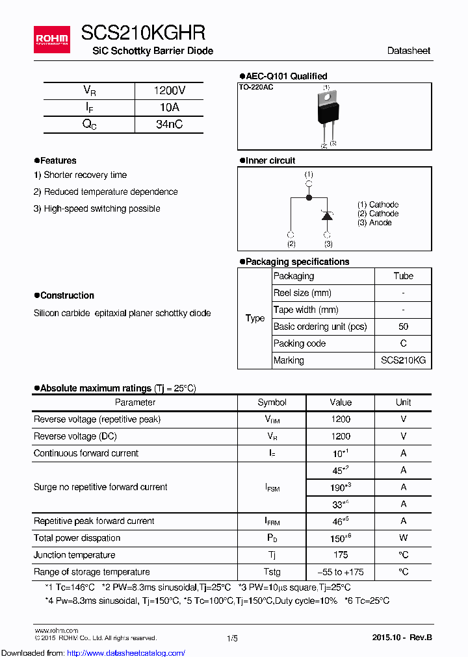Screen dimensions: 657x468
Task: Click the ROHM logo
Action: point(52,39)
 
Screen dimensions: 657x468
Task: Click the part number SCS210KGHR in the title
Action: point(143,33)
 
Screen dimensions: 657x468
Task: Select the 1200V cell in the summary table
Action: point(169,91)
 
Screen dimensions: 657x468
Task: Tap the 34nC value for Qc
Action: point(169,125)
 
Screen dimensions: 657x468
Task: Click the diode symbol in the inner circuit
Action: point(328,216)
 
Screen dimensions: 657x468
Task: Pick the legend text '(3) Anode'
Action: point(374,223)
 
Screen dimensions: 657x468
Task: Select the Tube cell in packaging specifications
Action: point(403,276)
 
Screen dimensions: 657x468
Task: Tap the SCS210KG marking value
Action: point(403,360)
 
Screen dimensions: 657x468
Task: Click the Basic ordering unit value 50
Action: point(403,327)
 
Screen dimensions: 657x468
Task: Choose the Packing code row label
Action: point(300,343)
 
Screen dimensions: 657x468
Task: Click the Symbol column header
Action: point(272,403)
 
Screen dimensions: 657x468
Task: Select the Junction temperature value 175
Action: point(340,555)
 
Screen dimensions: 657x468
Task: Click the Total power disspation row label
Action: point(77,538)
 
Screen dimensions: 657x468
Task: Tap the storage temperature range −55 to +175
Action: point(340,572)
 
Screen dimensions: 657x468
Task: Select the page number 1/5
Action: point(232,639)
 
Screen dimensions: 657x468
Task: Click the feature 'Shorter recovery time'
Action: point(80,175)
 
